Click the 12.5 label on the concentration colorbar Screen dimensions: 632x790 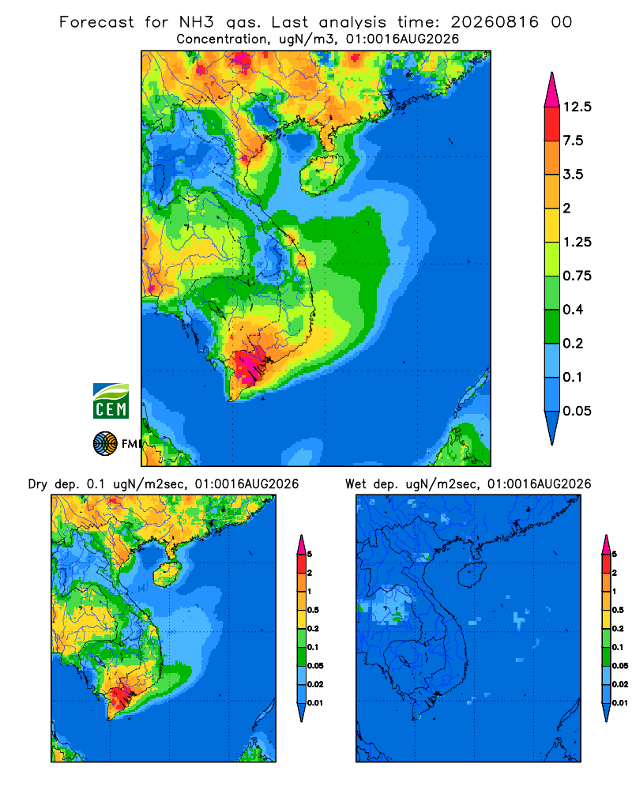(x=577, y=107)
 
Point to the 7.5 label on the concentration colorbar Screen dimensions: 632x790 (x=573, y=141)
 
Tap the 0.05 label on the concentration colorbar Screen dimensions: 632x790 (x=577, y=411)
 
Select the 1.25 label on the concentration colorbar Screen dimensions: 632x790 (x=577, y=242)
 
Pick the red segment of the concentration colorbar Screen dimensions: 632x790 (x=552, y=124)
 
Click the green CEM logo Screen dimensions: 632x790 (x=111, y=401)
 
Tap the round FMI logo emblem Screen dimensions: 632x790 (x=105, y=444)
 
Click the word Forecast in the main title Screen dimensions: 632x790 (x=96, y=22)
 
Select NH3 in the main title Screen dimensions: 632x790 (x=197, y=22)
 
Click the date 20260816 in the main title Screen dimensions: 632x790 (x=495, y=22)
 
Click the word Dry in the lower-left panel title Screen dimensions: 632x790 (x=38, y=484)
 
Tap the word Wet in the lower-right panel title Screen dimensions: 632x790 (x=355, y=484)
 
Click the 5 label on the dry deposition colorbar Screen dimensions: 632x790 (x=310, y=555)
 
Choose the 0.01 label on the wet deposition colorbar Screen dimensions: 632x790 (x=620, y=703)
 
